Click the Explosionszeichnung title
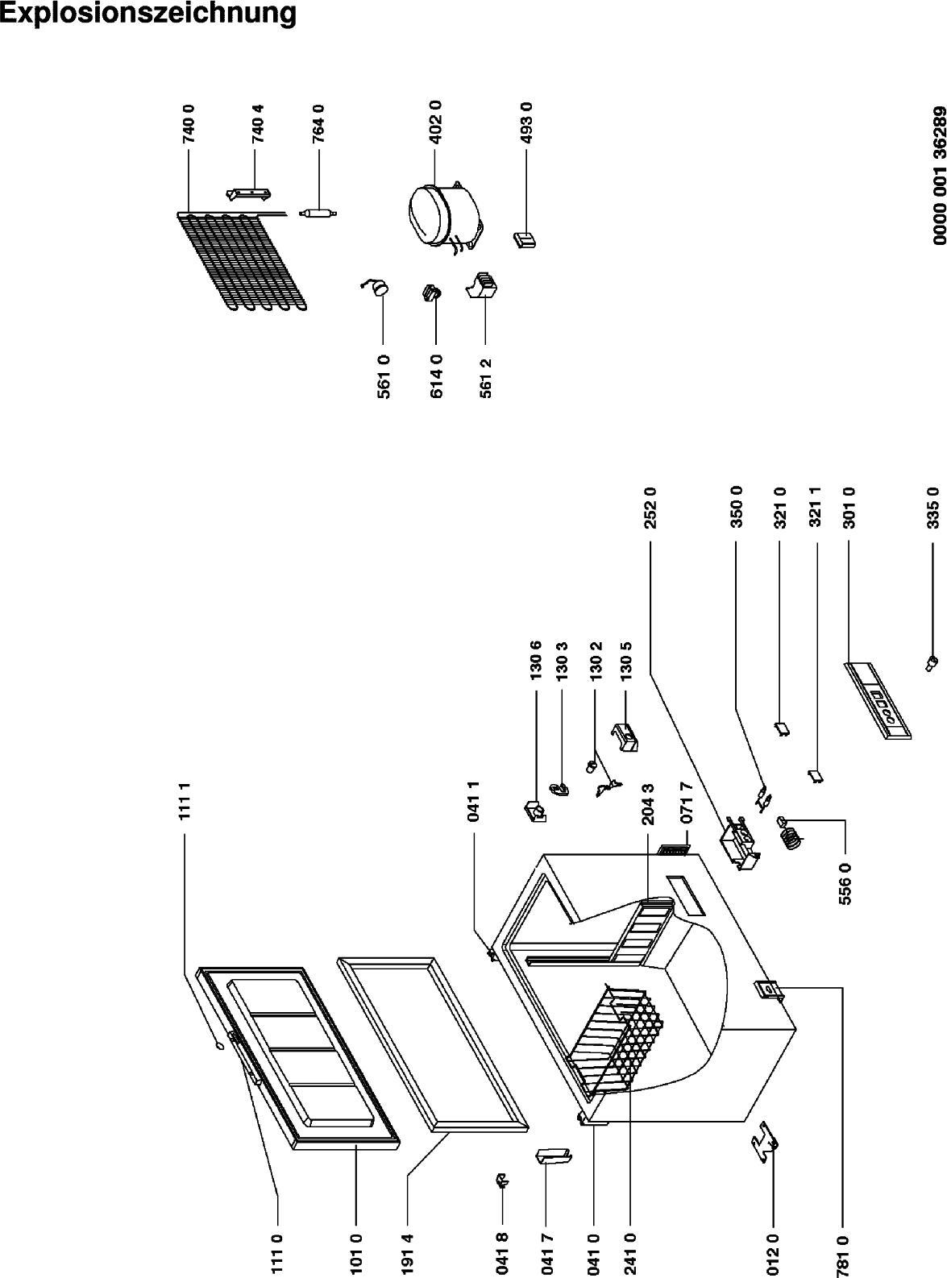(x=148, y=13)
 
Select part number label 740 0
(x=189, y=124)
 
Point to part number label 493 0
(x=526, y=122)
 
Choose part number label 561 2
(x=485, y=378)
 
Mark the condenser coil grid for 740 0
(x=242, y=260)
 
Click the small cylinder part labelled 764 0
(x=318, y=214)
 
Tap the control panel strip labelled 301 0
(x=877, y=700)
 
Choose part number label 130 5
(x=626, y=660)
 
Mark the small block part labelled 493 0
(x=525, y=239)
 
